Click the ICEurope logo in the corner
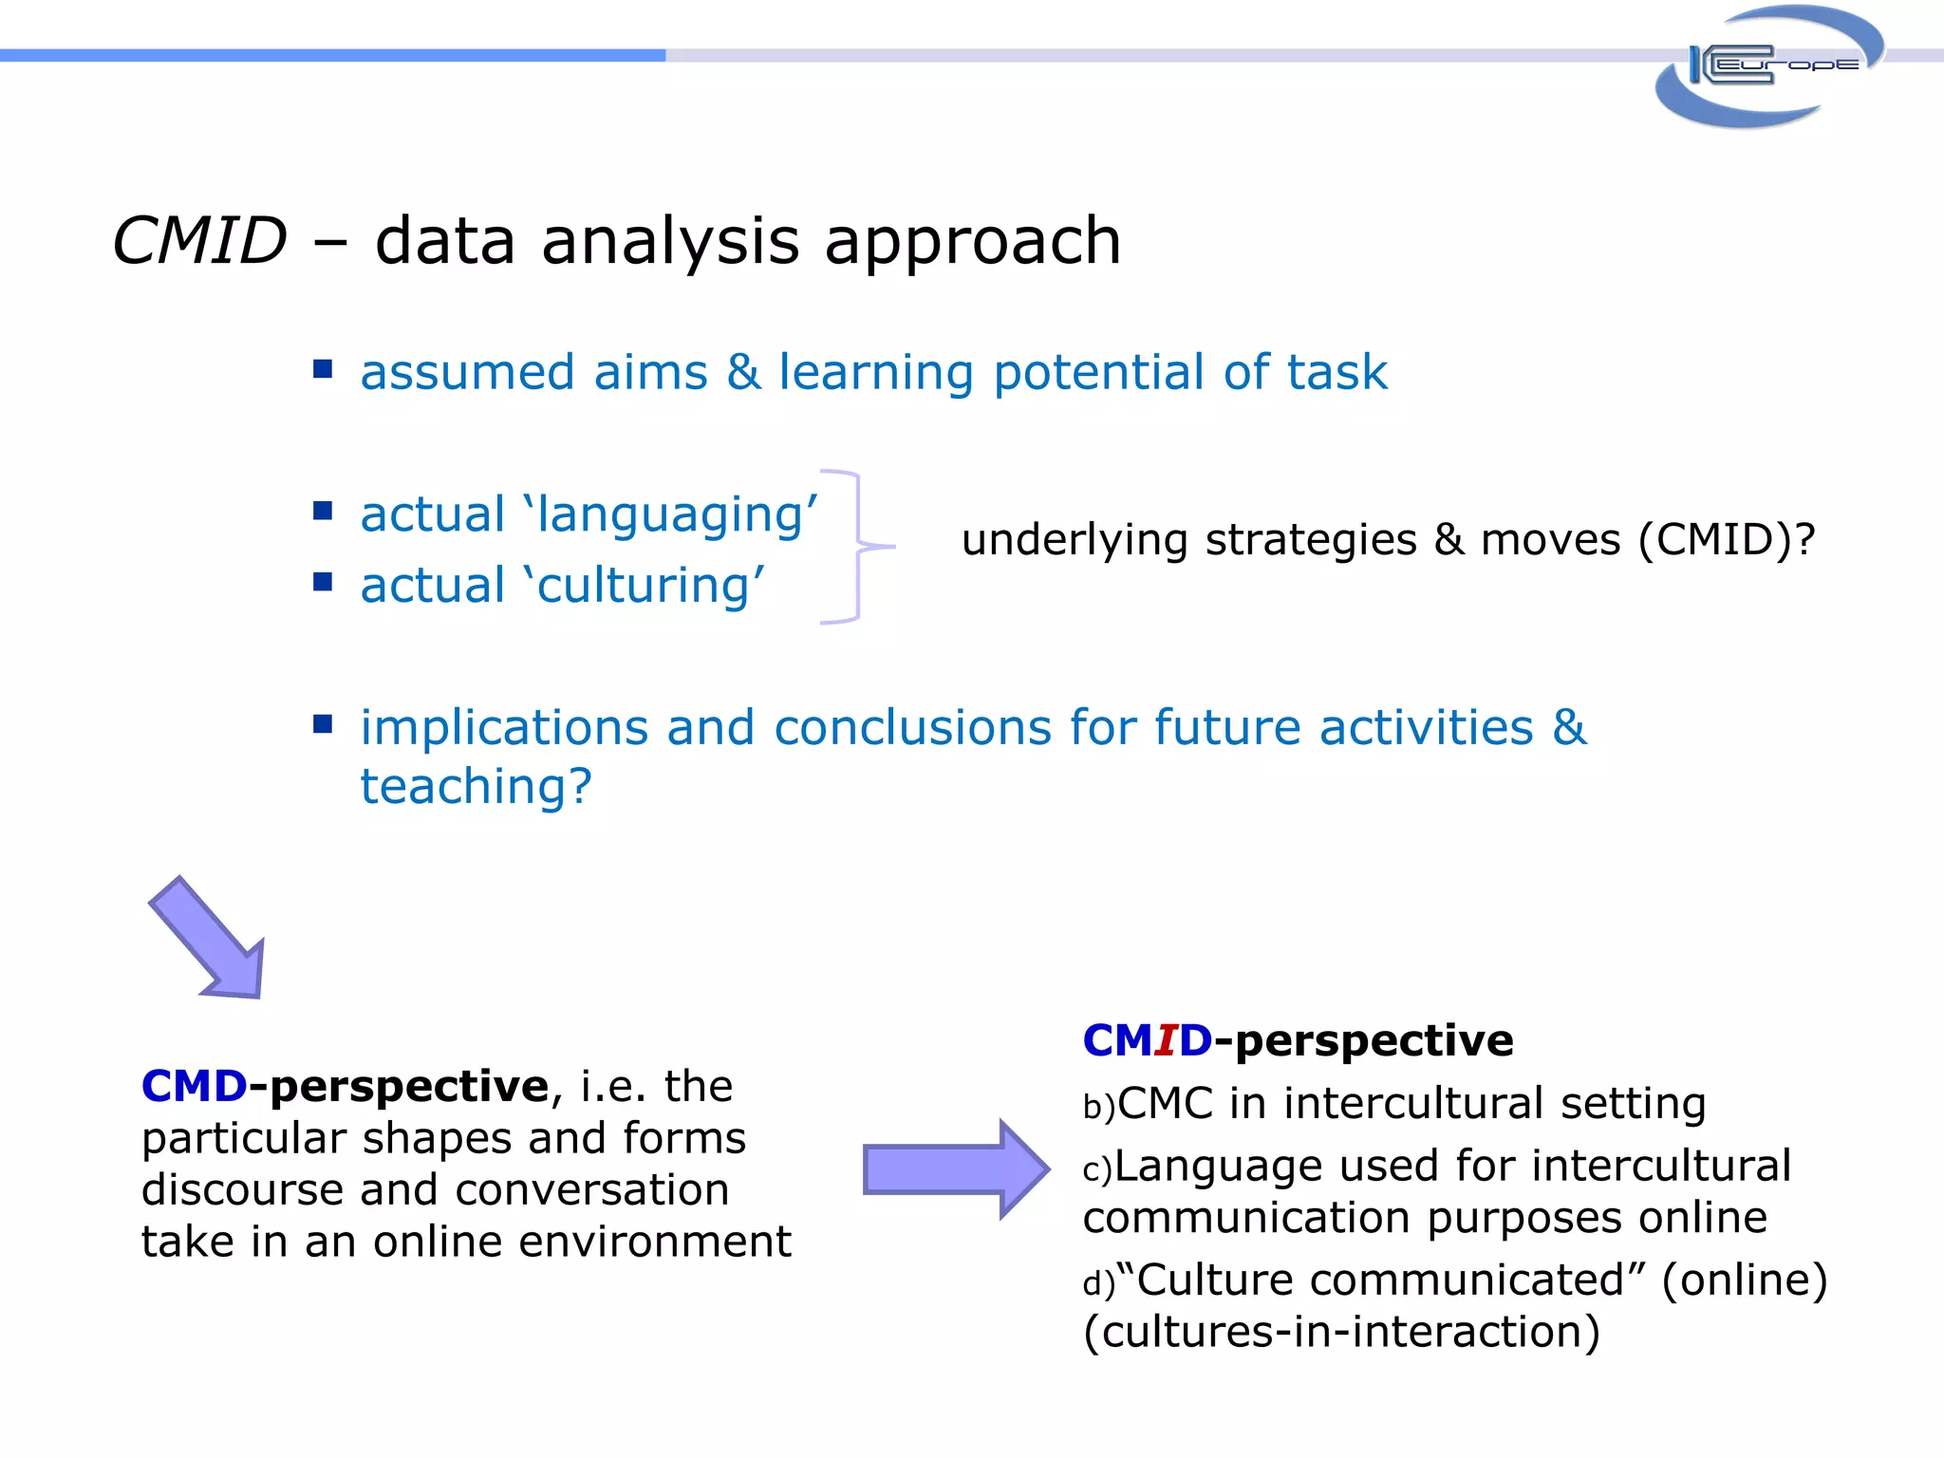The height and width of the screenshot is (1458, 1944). point(1768,66)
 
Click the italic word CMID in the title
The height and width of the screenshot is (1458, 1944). point(200,241)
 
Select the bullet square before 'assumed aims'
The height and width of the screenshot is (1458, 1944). point(323,368)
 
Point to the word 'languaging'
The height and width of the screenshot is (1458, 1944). point(670,515)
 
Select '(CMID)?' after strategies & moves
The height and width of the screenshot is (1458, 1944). point(1727,540)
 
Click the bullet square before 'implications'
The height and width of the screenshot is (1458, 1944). point(323,724)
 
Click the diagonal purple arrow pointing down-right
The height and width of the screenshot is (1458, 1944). point(210,939)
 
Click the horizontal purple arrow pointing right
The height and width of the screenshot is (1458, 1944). point(955,1168)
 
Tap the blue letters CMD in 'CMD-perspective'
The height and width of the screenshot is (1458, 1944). point(195,1086)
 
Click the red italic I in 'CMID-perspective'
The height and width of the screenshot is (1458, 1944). point(1166,1041)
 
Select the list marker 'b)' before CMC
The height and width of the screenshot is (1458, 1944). point(1098,1108)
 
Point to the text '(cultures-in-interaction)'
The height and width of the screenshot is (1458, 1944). point(1340,1332)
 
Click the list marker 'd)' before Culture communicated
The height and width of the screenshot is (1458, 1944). point(1098,1284)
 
